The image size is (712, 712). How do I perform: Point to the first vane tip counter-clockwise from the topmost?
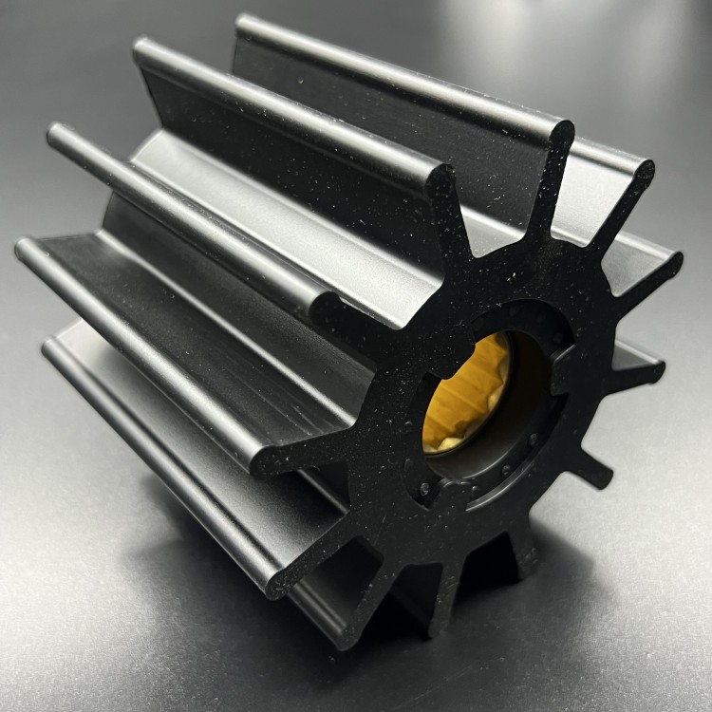tap(440, 180)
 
